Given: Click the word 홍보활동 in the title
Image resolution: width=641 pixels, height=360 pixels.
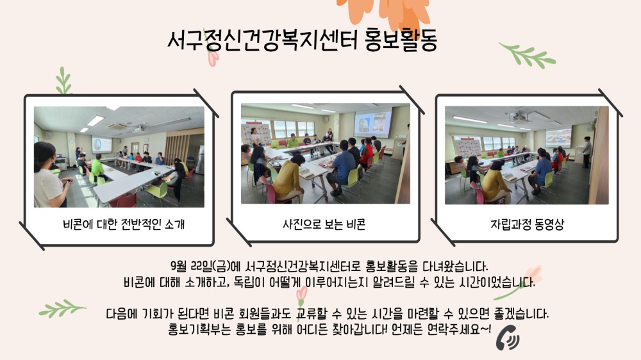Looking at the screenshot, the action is coord(401,40).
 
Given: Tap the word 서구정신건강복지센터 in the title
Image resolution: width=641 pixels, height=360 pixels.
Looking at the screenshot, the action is coord(262,40).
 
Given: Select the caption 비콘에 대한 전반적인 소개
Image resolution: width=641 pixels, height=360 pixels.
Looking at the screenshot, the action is coord(124,224).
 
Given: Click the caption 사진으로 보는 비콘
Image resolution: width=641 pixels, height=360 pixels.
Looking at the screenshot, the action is coord(324,224).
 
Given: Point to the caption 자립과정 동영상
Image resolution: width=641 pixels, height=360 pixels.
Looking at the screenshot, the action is coord(527,224).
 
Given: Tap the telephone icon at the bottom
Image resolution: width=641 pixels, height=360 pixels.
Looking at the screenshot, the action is coord(508,338).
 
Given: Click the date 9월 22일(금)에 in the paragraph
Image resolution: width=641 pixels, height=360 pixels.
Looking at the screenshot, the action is coord(206,267).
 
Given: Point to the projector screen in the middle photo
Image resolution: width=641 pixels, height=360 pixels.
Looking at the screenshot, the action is coord(372,122).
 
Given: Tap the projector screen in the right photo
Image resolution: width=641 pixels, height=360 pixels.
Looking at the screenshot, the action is coord(558,138).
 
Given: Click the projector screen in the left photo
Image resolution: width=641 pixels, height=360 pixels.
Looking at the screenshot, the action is coord(101,145).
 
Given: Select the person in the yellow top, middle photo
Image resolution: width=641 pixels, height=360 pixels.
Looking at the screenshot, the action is coord(289,179).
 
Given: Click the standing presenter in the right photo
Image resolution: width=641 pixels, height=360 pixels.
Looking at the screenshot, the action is coord(587,152).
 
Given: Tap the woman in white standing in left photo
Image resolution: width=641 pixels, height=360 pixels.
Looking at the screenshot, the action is coord(49,175).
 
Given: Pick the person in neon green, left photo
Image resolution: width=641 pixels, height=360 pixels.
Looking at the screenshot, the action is coord(98,168).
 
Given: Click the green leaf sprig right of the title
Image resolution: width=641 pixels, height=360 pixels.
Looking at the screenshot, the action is coord(528,55).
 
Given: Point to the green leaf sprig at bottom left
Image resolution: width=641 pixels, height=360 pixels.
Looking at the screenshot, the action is coord(62,309).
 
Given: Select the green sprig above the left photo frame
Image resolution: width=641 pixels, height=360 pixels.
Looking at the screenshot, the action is coord(63,81).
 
